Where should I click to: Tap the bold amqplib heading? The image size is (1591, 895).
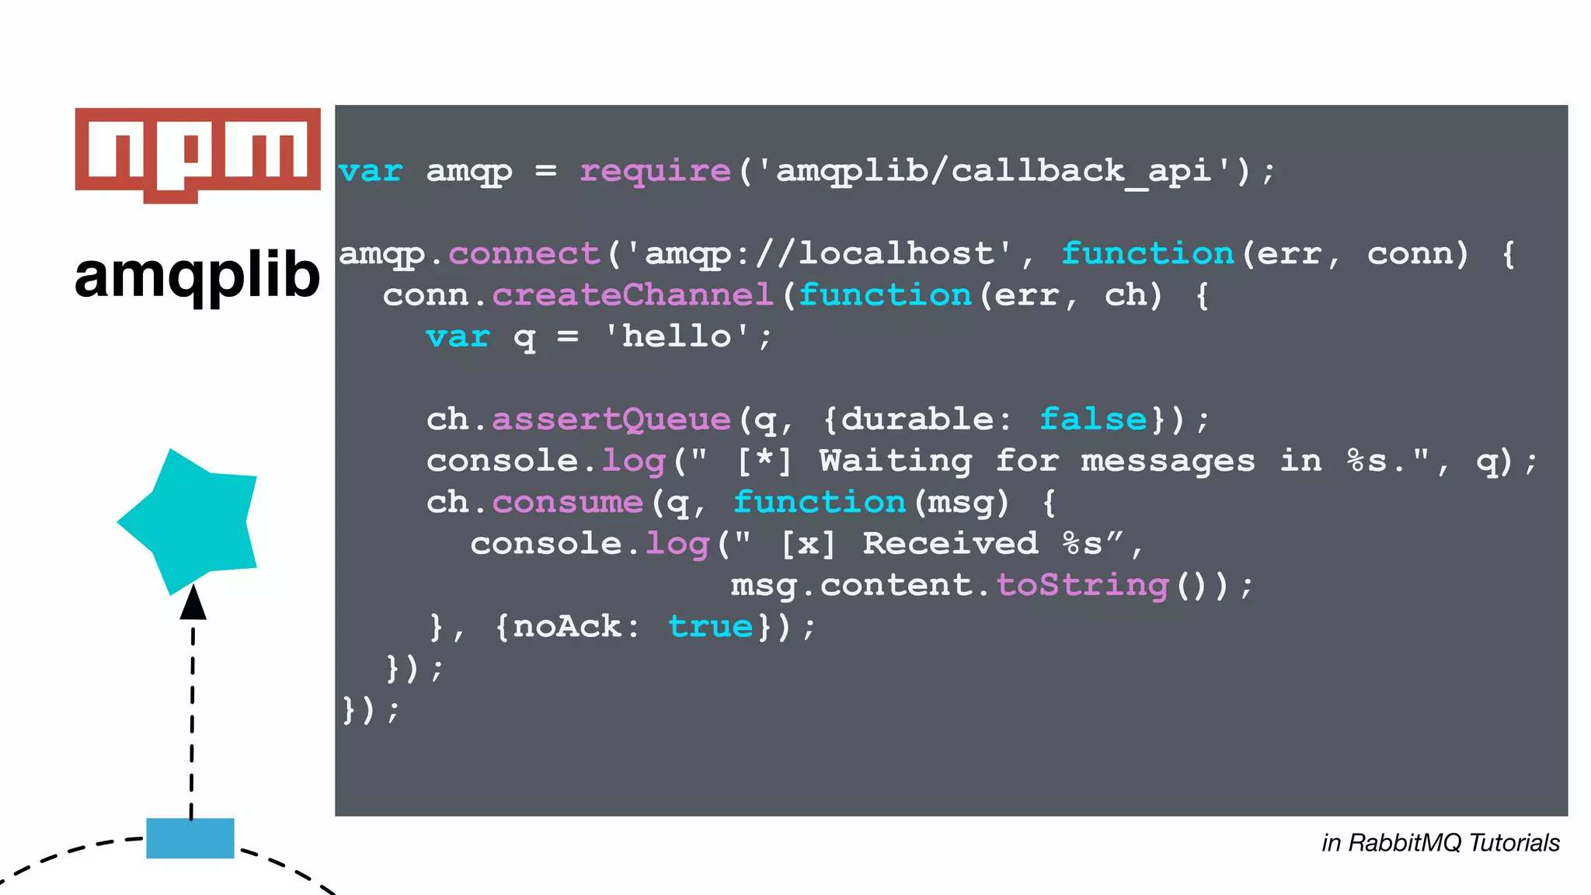coord(197,276)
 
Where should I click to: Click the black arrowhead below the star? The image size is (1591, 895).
coord(193,604)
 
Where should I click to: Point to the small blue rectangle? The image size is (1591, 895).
coord(190,838)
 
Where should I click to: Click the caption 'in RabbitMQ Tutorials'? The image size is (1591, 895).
coord(1440,843)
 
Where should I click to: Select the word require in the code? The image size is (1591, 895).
coord(655,171)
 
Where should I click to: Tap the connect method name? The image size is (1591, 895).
coord(524,254)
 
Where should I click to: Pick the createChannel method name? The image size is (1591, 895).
coord(632,295)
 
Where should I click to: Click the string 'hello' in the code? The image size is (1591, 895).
coord(677,336)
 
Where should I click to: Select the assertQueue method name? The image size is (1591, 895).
coord(611,420)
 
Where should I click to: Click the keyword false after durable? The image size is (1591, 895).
coord(1093,420)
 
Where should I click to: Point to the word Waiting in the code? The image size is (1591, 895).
coord(895,461)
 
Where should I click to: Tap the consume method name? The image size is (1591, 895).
coord(568,503)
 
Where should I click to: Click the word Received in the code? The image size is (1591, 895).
coord(950,544)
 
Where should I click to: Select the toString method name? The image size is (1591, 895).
coord(1082,585)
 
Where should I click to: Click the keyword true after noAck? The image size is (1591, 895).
coord(710,627)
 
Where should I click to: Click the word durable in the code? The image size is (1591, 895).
coord(917,420)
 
